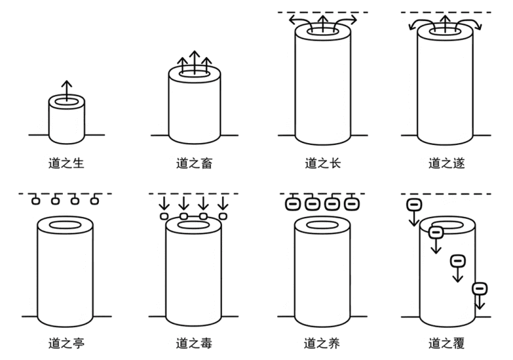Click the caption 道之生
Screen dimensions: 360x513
coord(66,164)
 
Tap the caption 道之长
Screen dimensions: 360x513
coord(323,164)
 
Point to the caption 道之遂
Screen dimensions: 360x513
coord(446,164)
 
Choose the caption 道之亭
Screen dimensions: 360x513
coord(66,344)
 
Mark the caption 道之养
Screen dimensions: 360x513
coord(323,344)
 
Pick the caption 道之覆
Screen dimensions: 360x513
coord(446,344)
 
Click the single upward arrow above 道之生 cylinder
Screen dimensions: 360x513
coord(66,90)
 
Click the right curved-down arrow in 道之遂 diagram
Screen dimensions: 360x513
coord(475,24)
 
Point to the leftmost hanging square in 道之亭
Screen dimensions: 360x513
coord(36,201)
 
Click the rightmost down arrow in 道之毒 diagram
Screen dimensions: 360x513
coord(223,205)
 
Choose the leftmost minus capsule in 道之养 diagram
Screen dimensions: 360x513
coord(292,204)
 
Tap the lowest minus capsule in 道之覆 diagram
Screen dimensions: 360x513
coord(479,288)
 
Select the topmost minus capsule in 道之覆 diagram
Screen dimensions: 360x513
coord(414,205)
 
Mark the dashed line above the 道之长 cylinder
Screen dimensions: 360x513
coord(323,12)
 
